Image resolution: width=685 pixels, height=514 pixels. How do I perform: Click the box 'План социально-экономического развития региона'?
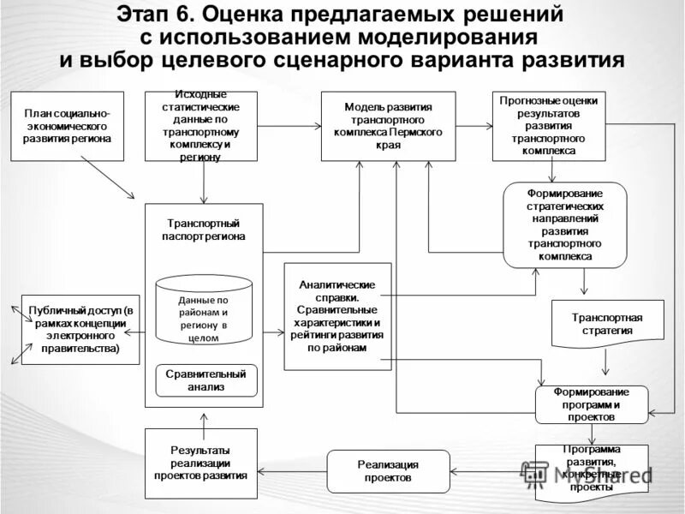(67, 125)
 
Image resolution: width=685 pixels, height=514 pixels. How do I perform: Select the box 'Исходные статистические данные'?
(202, 125)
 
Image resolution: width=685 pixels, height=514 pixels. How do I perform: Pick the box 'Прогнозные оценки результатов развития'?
(548, 125)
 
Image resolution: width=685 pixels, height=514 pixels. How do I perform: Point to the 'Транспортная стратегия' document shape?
(607, 323)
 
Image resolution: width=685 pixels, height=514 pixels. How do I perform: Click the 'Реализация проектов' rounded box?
(388, 471)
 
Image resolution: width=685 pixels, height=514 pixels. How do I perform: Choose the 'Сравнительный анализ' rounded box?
(205, 380)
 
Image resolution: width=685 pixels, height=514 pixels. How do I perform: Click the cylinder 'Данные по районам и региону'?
(204, 310)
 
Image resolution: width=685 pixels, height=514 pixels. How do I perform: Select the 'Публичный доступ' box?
(80, 329)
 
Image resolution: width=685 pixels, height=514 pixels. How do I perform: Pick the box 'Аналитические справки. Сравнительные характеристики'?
(337, 316)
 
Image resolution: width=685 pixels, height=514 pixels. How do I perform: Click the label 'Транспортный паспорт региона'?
(204, 230)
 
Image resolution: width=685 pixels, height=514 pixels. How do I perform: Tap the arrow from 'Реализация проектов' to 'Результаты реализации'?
(292, 471)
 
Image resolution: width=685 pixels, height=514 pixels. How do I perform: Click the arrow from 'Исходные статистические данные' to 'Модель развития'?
(289, 126)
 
